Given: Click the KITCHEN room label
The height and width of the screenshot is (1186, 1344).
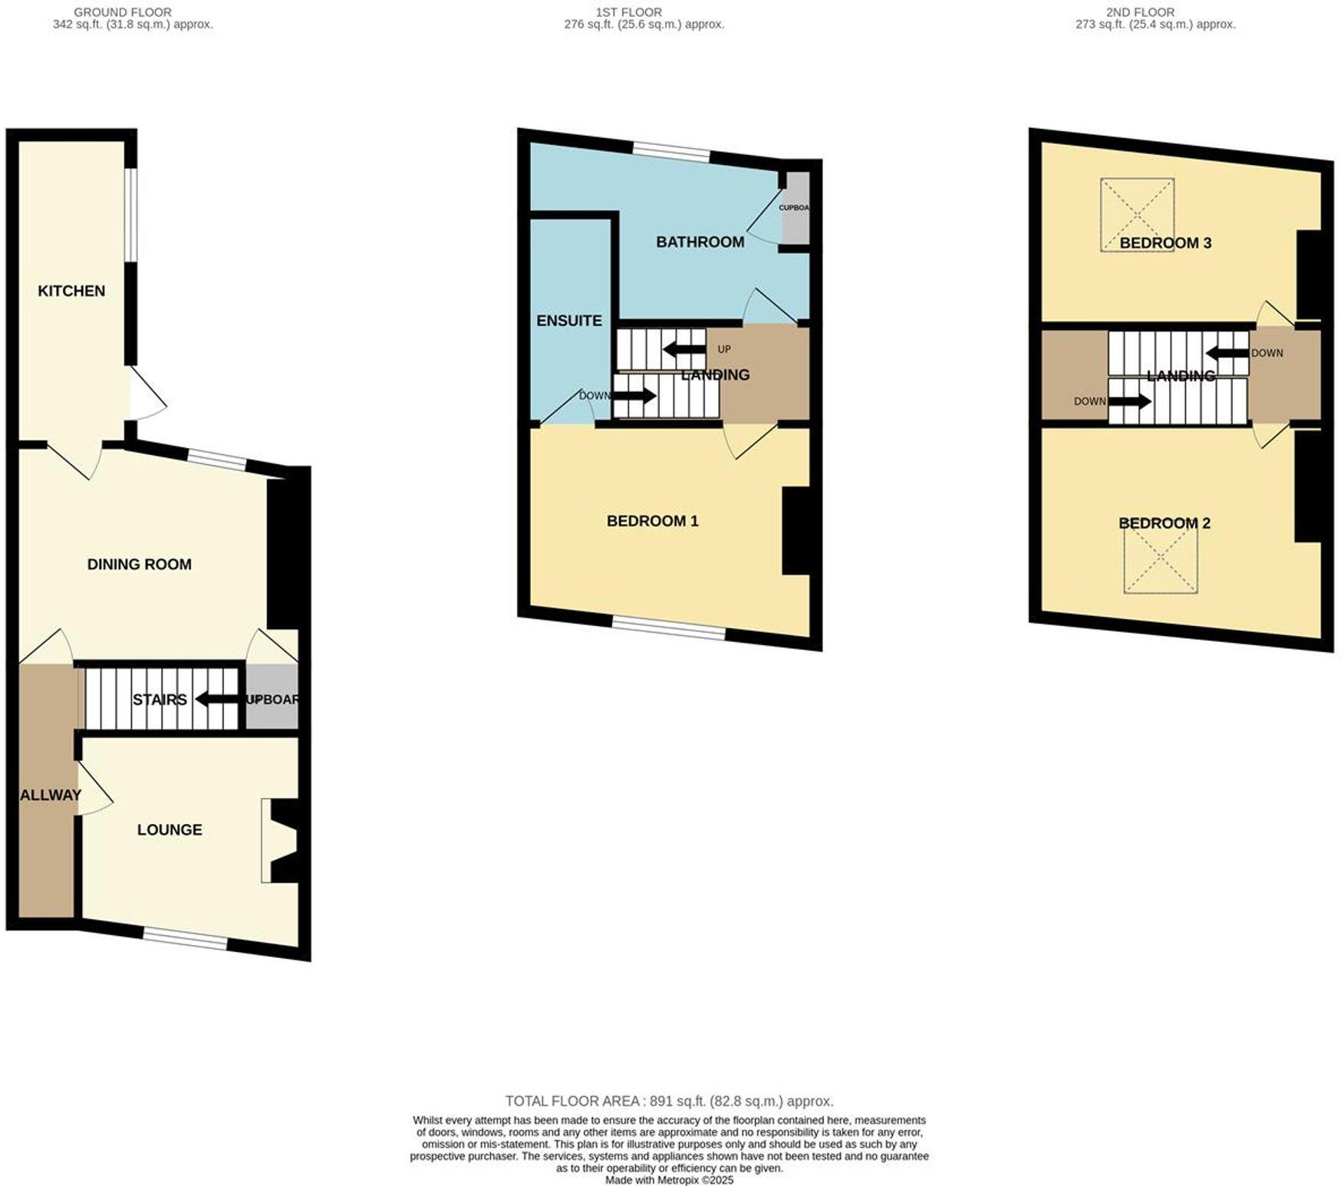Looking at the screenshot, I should [x=71, y=292].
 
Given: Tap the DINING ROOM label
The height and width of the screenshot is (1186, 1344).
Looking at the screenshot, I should [x=139, y=565].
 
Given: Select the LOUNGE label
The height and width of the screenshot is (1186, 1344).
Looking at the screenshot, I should [x=170, y=830].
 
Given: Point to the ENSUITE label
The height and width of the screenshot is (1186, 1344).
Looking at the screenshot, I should [x=569, y=321].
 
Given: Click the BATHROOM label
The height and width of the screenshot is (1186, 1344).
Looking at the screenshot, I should [x=700, y=242].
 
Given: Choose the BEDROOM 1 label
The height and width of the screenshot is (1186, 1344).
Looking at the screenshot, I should [x=652, y=522].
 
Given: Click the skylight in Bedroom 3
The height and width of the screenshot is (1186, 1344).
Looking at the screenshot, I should [x=1137, y=215].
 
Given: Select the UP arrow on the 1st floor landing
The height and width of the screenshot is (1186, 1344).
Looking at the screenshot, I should [x=684, y=351].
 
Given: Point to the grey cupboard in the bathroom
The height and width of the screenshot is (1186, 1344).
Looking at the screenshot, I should [x=796, y=207].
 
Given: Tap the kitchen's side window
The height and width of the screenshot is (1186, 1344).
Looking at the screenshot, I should [x=131, y=215].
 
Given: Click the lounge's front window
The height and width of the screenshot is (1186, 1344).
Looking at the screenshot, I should [x=185, y=938].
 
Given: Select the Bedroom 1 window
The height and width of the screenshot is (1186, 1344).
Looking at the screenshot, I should [x=669, y=629].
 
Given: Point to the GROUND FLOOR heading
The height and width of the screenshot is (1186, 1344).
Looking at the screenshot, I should [x=123, y=12].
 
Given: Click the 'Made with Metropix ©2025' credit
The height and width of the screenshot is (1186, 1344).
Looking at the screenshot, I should [x=669, y=1180].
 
